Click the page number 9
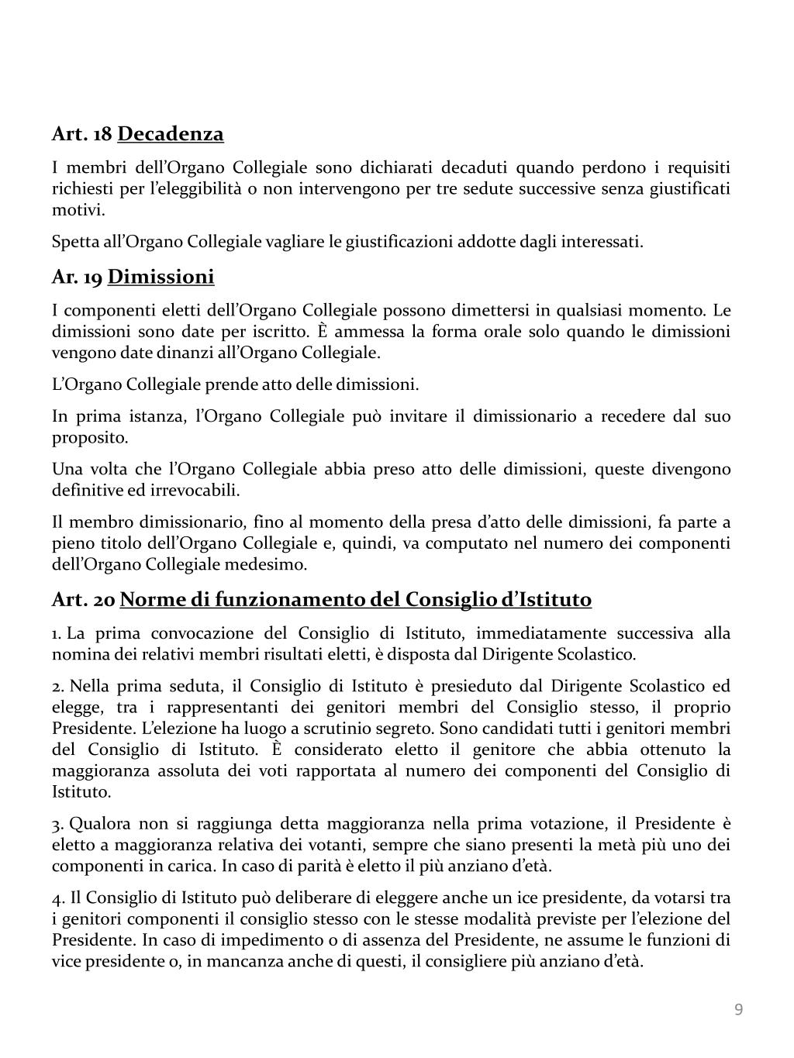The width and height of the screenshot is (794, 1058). (x=738, y=1009)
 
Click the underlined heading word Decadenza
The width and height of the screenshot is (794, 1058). (x=171, y=134)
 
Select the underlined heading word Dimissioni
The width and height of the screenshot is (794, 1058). (x=161, y=277)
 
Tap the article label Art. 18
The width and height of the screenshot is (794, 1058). (x=81, y=134)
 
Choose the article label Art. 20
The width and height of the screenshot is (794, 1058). (x=83, y=599)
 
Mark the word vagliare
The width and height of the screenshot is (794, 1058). (x=297, y=242)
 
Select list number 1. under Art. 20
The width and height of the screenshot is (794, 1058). (x=57, y=633)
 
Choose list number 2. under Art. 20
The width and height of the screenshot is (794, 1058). (x=57, y=686)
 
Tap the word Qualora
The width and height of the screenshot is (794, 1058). (x=101, y=823)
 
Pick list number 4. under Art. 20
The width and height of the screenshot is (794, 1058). (x=58, y=898)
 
